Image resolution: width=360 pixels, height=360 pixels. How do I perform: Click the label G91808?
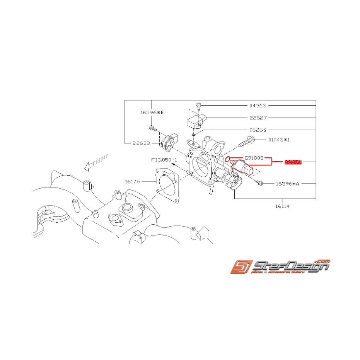[x=254, y=158]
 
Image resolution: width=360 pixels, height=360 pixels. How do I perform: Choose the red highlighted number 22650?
[x=293, y=162]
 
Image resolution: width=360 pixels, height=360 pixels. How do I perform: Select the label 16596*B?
[x=152, y=113]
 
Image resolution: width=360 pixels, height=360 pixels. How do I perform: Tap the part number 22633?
[x=141, y=143]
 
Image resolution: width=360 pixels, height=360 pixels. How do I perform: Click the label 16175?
[x=134, y=181]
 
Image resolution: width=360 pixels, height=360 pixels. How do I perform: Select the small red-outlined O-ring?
[x=228, y=159]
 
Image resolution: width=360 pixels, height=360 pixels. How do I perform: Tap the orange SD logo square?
[x=240, y=267]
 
